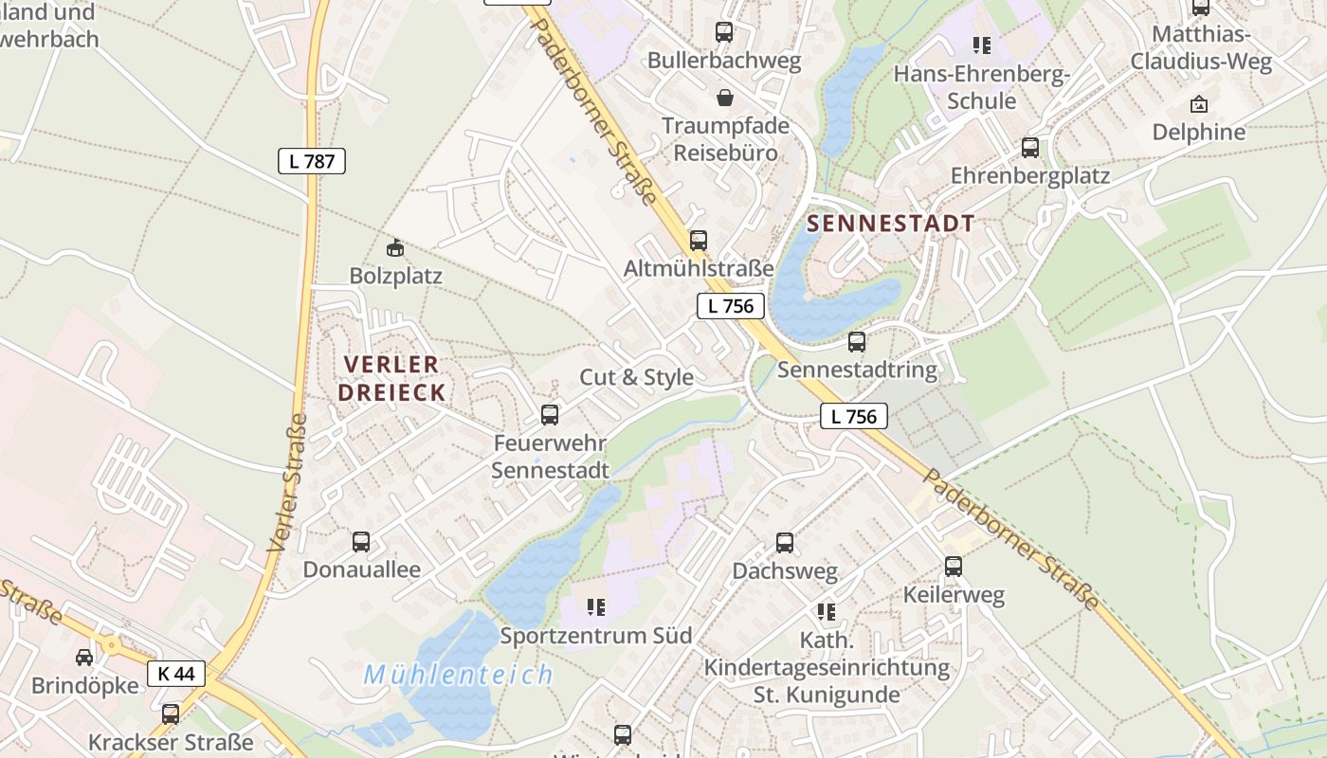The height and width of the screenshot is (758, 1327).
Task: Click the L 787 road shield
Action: pyautogui.click(x=312, y=161)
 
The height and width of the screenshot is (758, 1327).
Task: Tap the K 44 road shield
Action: pyautogui.click(x=176, y=674)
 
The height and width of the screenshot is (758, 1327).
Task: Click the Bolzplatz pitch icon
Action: pyautogui.click(x=395, y=248)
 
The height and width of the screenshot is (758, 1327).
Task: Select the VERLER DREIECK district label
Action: pyautogui.click(x=393, y=378)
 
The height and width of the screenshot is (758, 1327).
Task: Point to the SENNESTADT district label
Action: pyautogui.click(x=890, y=224)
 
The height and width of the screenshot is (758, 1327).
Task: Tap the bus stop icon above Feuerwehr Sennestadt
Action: pyautogui.click(x=550, y=414)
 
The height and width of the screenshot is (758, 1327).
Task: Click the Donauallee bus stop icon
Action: pyautogui.click(x=361, y=542)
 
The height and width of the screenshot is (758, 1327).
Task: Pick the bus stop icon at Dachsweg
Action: pyautogui.click(x=785, y=543)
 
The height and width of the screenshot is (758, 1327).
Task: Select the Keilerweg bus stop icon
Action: pyautogui.click(x=954, y=567)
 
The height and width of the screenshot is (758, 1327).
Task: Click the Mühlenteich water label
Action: pyautogui.click(x=459, y=676)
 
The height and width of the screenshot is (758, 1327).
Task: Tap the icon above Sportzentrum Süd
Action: pyautogui.click(x=596, y=606)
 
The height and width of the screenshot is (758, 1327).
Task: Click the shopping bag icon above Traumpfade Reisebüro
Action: pyautogui.click(x=725, y=98)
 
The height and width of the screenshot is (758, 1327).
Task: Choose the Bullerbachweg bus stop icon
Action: pyautogui.click(x=724, y=32)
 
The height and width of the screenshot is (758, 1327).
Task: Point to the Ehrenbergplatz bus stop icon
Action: pyautogui.click(x=1030, y=148)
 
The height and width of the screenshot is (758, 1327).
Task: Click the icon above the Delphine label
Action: pyautogui.click(x=1199, y=104)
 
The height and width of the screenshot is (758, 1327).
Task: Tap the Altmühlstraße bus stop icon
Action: pyautogui.click(x=699, y=241)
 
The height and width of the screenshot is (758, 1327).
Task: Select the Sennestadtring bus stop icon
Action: pyautogui.click(x=857, y=342)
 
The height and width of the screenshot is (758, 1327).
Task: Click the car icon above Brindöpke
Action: pyautogui.click(x=84, y=658)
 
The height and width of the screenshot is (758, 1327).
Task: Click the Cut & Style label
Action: pyautogui.click(x=636, y=377)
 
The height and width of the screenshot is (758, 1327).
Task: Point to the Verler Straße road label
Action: pyautogui.click(x=287, y=483)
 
